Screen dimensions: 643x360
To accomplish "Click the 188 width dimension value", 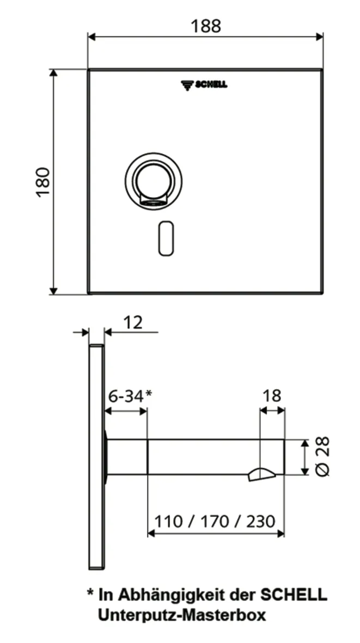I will pyautogui.click(x=206, y=26).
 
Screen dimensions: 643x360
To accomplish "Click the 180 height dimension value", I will pyautogui.click(x=43, y=182).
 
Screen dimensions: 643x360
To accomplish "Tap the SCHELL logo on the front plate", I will pyautogui.click(x=204, y=84).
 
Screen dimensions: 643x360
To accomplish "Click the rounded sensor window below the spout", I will pyautogui.click(x=166, y=238).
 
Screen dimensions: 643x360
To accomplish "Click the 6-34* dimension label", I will pyautogui.click(x=130, y=396).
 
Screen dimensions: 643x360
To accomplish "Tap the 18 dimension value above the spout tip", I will pyautogui.click(x=272, y=396).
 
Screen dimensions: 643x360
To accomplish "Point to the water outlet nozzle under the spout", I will pyautogui.click(x=262, y=474).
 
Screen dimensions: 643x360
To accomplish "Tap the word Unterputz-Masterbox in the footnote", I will pyautogui.click(x=182, y=615).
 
